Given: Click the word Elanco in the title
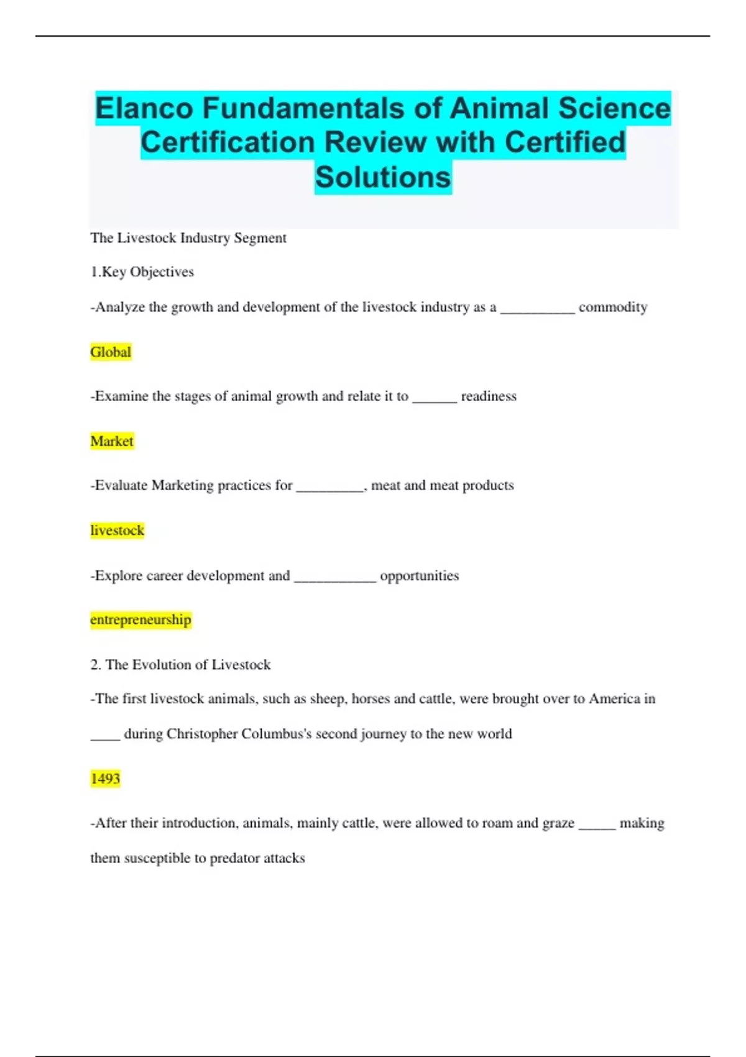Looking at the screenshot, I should coord(144,108).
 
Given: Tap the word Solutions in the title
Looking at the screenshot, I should coord(382,177).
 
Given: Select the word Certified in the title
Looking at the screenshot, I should coord(564,142).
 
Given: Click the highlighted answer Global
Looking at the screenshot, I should coord(111,352).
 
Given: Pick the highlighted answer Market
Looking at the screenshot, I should coord(112,441).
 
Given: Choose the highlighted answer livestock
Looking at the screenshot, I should coord(117,530).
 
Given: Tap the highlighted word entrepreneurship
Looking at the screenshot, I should coord(140,620).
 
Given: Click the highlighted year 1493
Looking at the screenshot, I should coord(105,778).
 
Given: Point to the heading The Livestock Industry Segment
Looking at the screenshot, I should coord(188,238).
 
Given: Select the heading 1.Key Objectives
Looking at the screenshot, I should coord(142,272).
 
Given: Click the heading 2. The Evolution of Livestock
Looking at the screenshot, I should coord(180,665).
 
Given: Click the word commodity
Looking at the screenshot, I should coord(613,307).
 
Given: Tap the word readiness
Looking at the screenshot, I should coord(489,396).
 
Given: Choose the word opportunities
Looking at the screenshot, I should coord(420,576).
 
